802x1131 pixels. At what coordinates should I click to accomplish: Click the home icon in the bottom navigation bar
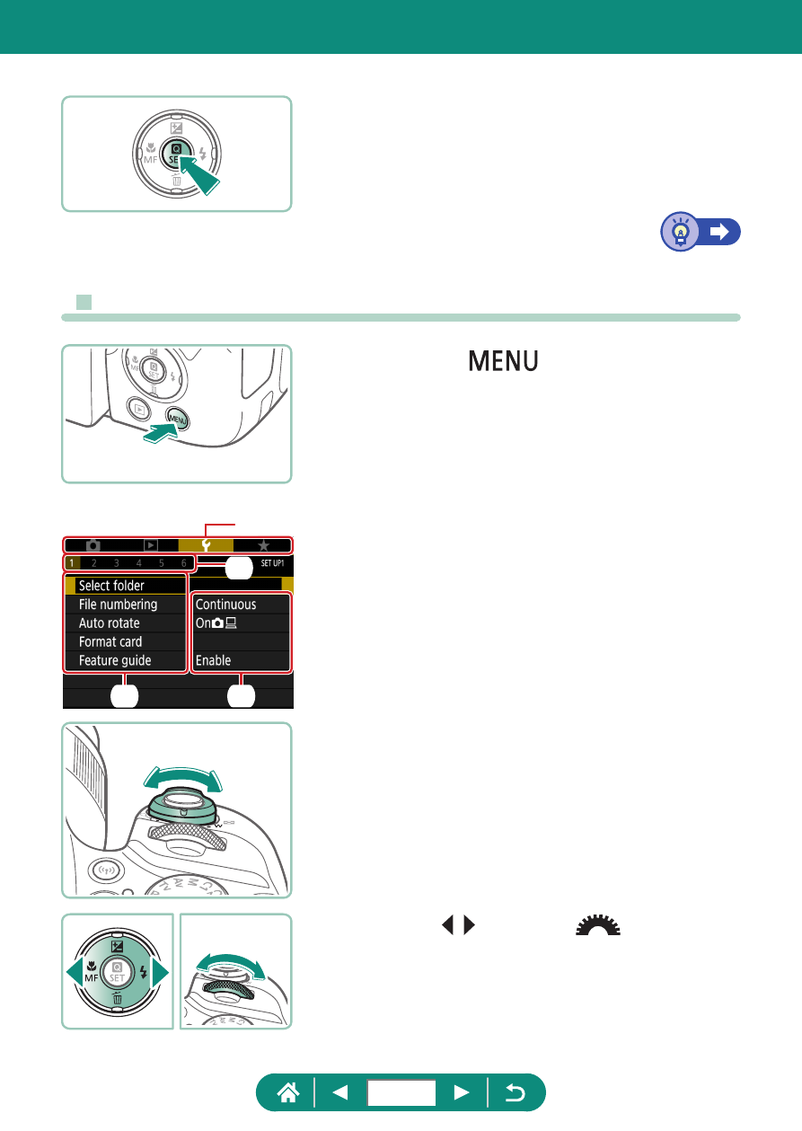tap(288, 1092)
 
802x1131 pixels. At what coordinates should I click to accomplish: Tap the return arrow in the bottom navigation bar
tap(516, 1093)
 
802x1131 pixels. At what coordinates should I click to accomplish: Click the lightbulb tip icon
tap(681, 232)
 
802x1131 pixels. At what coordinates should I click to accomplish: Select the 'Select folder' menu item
tap(111, 586)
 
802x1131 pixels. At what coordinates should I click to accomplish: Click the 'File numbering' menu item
tap(118, 605)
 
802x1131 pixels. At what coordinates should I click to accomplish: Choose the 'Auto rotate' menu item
tap(109, 623)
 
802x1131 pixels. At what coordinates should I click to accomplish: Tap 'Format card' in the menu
tap(110, 641)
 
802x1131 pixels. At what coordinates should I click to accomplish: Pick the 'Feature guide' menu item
tap(115, 660)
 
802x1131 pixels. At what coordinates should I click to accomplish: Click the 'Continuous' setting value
tap(225, 605)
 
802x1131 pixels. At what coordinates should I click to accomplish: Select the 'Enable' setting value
tap(213, 660)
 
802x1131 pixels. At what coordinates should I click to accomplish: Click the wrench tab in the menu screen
tap(206, 545)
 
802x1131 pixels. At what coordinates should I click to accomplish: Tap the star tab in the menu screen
tap(263, 545)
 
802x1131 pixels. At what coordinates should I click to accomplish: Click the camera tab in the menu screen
tap(93, 545)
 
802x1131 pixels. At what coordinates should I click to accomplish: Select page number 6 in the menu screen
tap(184, 563)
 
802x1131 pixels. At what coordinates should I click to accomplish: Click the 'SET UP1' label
tap(272, 563)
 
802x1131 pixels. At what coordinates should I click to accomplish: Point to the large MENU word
tap(503, 361)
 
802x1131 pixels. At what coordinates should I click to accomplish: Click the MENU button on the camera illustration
tap(178, 420)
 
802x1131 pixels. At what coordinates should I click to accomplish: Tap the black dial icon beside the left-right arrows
tap(598, 924)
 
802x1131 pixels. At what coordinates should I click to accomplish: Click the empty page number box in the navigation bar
tap(401, 1092)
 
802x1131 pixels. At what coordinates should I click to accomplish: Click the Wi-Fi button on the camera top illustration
tap(105, 870)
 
